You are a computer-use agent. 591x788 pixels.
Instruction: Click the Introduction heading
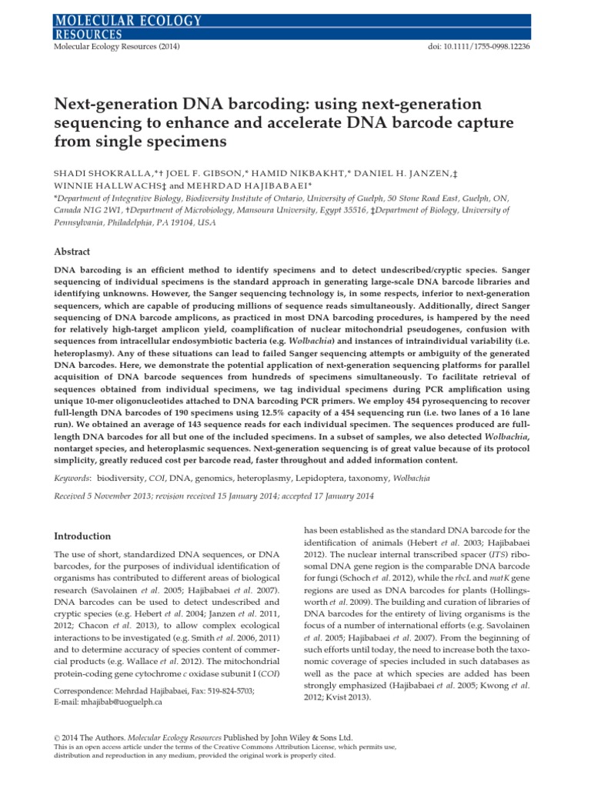[x=82, y=536]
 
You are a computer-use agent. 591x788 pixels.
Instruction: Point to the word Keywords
[x=70, y=478]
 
